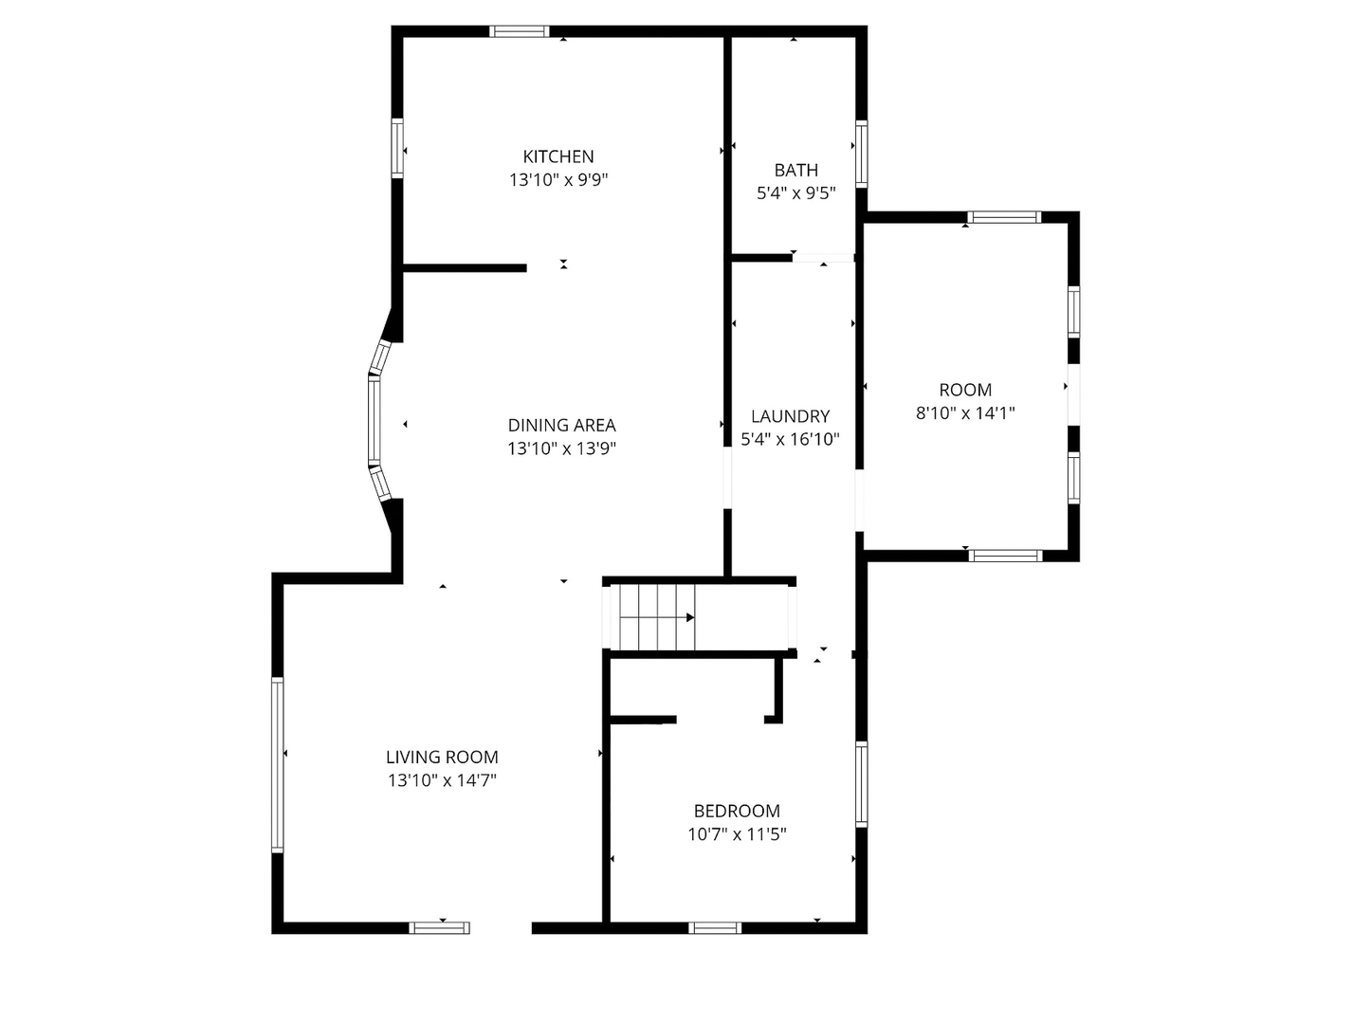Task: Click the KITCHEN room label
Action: tap(558, 156)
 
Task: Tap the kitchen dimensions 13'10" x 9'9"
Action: tap(558, 180)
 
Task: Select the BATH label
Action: tap(796, 170)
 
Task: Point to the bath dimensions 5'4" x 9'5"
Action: tap(796, 193)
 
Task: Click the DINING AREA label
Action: tap(561, 425)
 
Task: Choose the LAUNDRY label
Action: tap(790, 416)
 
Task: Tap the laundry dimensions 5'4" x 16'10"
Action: tap(790, 439)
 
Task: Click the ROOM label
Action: tap(965, 390)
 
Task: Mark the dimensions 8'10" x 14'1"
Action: tap(965, 412)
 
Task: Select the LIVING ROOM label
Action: tap(442, 758)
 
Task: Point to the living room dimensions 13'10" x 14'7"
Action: tap(442, 780)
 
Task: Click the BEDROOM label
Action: tap(738, 811)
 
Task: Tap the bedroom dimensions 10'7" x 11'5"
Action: tap(738, 834)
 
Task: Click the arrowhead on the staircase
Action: tap(690, 617)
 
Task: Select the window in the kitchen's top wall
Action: tap(519, 31)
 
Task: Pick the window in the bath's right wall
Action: tap(862, 154)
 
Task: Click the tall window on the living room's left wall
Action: tap(278, 765)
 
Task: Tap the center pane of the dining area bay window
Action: tap(375, 420)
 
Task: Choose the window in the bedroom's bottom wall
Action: tap(715, 928)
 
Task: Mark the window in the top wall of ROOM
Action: tap(1004, 217)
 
